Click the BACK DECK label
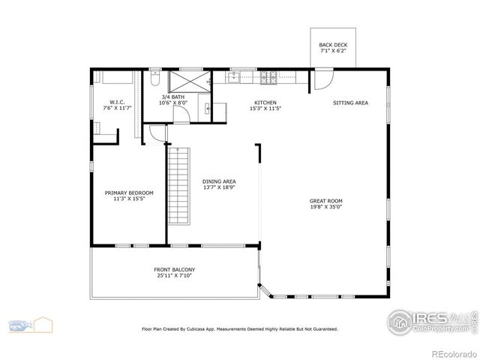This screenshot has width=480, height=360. tap(333, 45)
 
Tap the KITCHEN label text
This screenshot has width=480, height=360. tap(265, 103)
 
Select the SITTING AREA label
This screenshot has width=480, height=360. tap(350, 103)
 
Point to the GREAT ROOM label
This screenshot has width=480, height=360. tap(325, 200)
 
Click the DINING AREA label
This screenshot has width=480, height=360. tap(219, 181)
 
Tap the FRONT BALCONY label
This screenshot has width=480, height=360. tap(174, 269)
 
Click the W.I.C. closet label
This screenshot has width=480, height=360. tap(117, 103)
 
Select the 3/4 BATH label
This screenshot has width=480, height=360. tap(173, 97)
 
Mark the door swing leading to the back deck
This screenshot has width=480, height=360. tap(320, 77)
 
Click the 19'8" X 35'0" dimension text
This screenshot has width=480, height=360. tap(325, 208)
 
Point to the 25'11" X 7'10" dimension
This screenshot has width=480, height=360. tap(174, 276)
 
